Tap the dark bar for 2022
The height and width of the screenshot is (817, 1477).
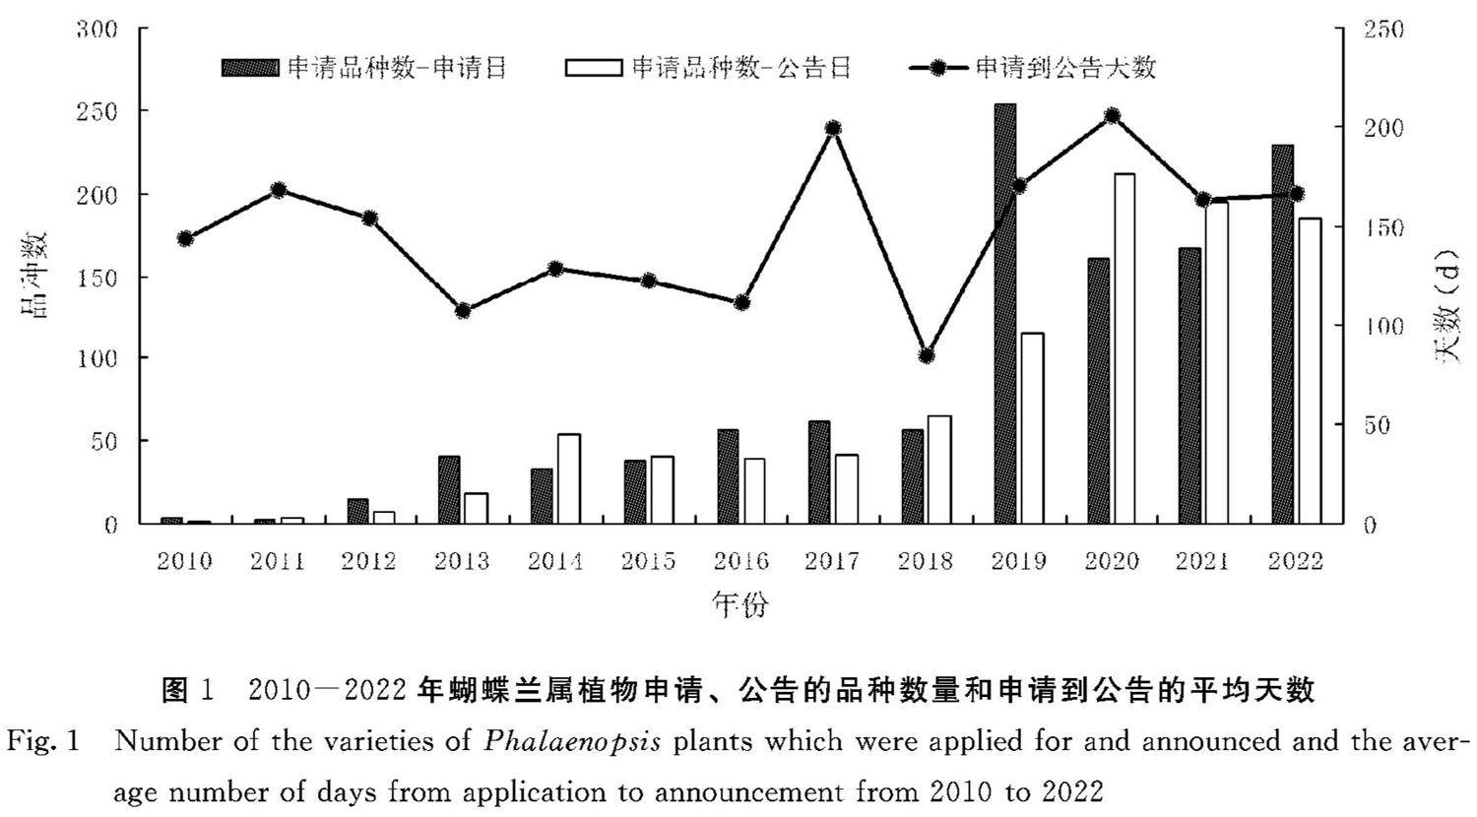1282,335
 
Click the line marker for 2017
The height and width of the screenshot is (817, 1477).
833,128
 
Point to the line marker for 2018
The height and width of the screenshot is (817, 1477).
926,356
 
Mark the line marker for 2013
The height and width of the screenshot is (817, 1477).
463,311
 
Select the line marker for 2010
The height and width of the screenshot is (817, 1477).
185,238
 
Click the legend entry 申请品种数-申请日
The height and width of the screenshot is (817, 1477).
364,67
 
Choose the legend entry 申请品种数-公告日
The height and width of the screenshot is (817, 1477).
708,67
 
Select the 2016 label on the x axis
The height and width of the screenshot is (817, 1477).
740,561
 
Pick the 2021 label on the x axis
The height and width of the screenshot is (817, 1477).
1203,561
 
